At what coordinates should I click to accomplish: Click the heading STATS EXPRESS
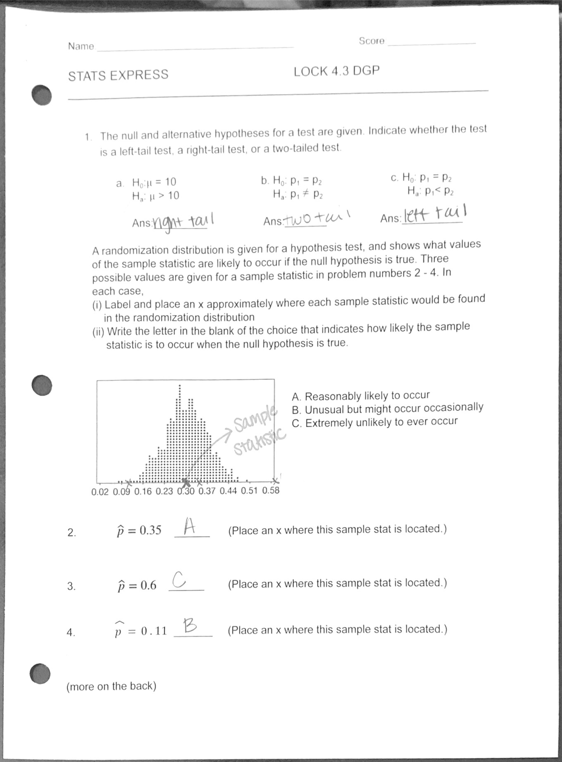pyautogui.click(x=118, y=75)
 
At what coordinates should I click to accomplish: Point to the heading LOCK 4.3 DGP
pyautogui.click(x=336, y=71)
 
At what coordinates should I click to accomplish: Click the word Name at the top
pyautogui.click(x=81, y=46)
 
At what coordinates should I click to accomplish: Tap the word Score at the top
pyautogui.click(x=371, y=41)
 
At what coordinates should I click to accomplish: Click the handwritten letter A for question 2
pyautogui.click(x=189, y=525)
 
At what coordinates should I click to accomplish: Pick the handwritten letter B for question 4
pyautogui.click(x=190, y=625)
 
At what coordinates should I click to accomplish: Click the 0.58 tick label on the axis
pyautogui.click(x=271, y=490)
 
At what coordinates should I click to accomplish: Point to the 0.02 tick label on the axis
pyautogui.click(x=100, y=492)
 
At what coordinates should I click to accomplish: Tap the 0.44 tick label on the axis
pyautogui.click(x=228, y=491)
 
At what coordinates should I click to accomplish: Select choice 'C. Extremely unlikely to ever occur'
pyautogui.click(x=374, y=422)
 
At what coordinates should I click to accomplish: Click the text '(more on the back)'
pyautogui.click(x=111, y=686)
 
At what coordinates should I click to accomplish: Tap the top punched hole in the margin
pyautogui.click(x=41, y=95)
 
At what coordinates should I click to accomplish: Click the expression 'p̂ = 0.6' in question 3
pyautogui.click(x=136, y=585)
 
